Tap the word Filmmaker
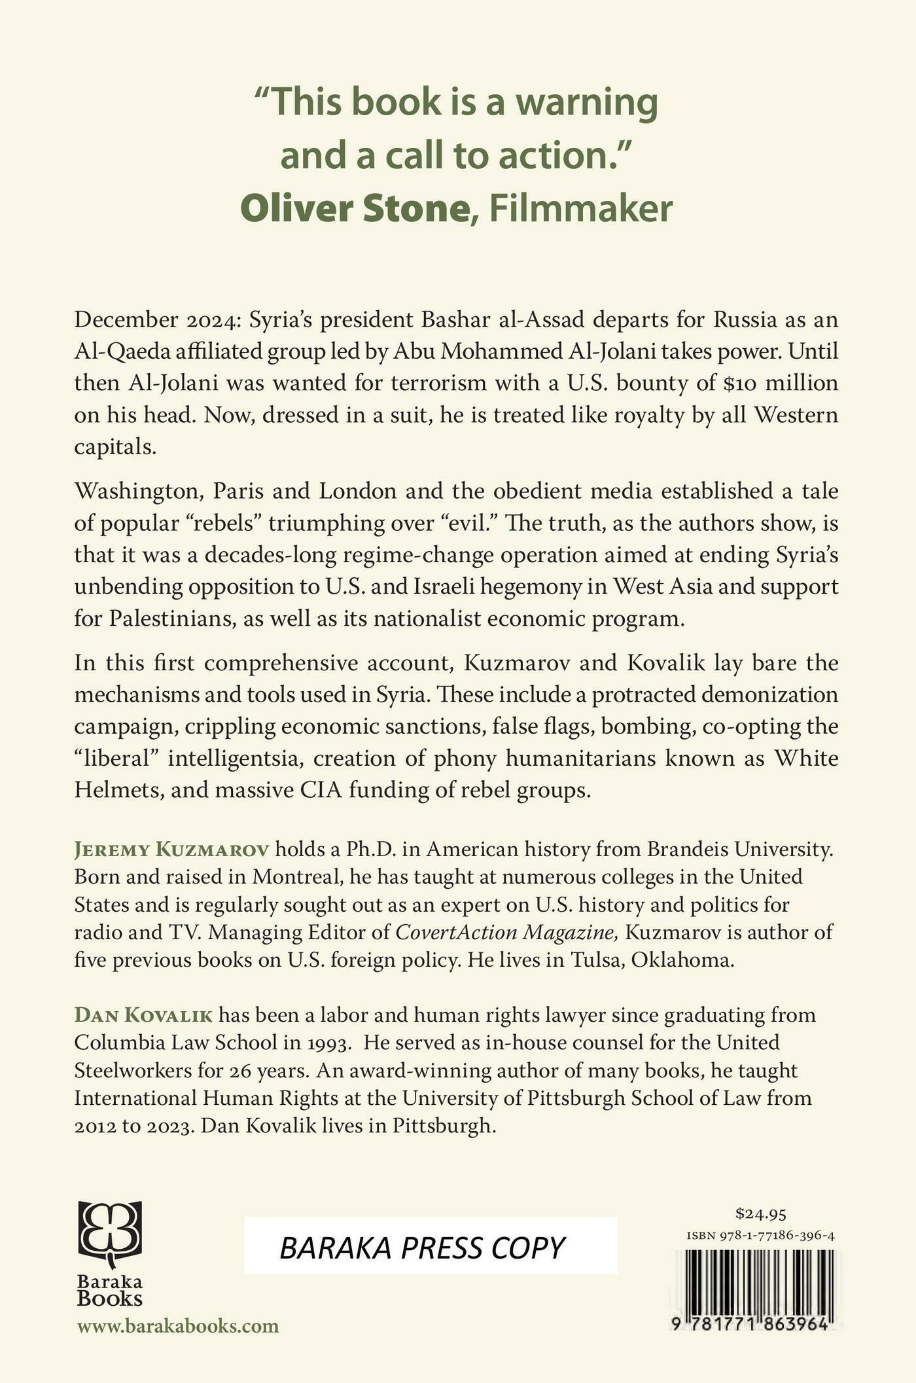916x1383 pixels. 581,209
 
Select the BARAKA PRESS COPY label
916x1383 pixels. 423,1248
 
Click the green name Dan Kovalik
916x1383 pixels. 143,1015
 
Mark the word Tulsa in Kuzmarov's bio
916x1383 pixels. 596,960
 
